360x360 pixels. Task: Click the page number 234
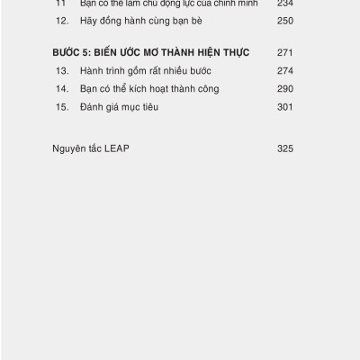pos(285,4)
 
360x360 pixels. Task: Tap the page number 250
pos(285,20)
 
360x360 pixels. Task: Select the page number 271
pos(285,52)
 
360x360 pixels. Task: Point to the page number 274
pos(285,70)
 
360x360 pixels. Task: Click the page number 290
pos(285,89)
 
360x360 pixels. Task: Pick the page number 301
pos(285,108)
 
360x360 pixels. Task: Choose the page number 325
pos(285,149)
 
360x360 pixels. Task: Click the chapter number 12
pos(61,20)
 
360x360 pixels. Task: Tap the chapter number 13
pos(61,70)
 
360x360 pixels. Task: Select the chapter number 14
pos(61,89)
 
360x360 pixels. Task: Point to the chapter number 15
pos(61,108)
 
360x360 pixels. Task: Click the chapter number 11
pos(61,4)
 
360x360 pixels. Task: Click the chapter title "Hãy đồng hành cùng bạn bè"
pos(137,20)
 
